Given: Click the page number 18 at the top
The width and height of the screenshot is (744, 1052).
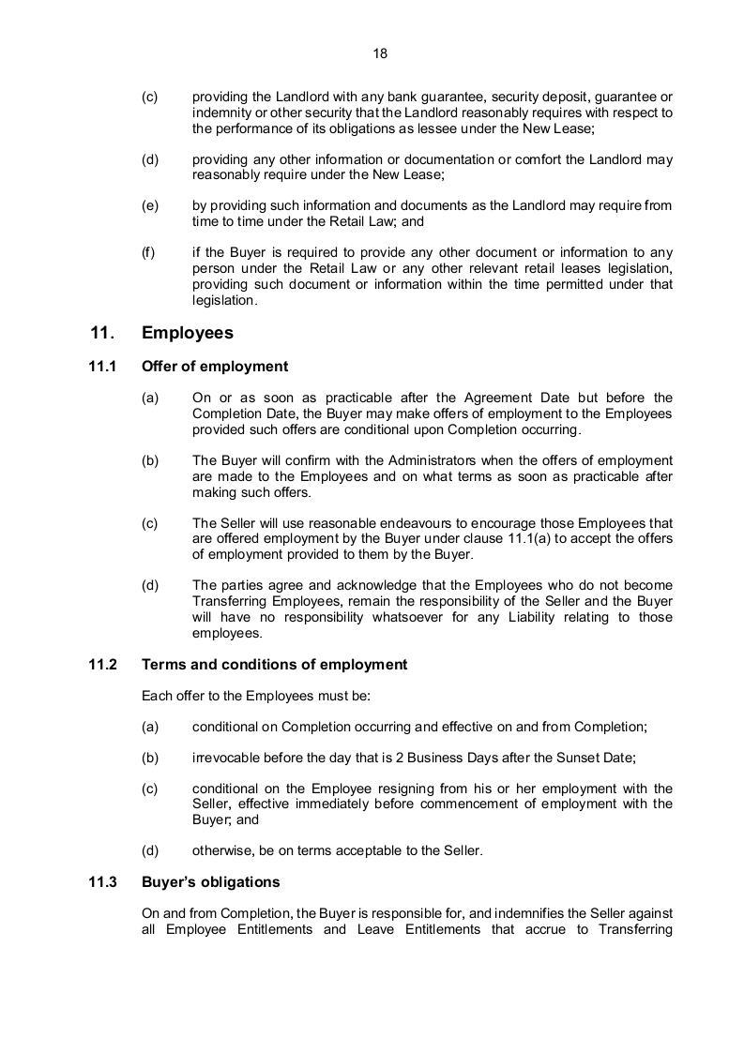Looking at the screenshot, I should [x=380, y=53].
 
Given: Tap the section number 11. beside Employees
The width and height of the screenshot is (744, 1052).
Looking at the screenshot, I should [x=102, y=333].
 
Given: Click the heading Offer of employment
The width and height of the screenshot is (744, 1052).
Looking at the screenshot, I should [x=214, y=367].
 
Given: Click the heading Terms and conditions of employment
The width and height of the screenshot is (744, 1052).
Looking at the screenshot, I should [x=274, y=665].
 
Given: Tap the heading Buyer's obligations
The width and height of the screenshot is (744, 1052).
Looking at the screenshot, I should [x=210, y=882].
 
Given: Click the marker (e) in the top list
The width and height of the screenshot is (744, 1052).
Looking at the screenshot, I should [x=150, y=205].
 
